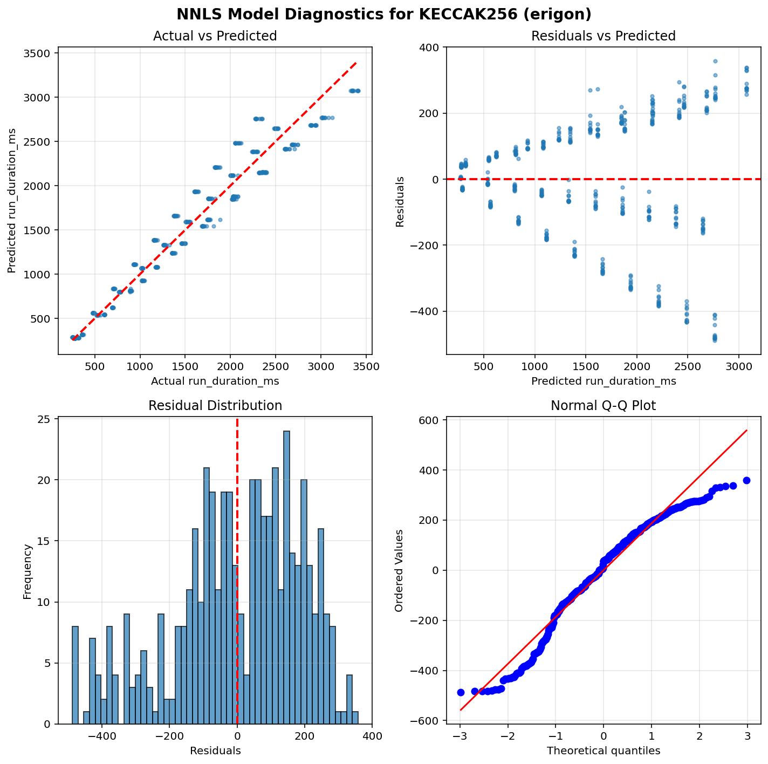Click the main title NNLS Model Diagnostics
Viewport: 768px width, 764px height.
pyautogui.click(x=384, y=14)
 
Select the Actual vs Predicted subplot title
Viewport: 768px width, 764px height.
pyautogui.click(x=215, y=36)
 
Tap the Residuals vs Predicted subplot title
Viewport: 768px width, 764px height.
pyautogui.click(x=603, y=36)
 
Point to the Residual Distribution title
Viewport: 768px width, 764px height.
pyautogui.click(x=215, y=406)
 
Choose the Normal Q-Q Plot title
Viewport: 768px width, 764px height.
pyautogui.click(x=603, y=406)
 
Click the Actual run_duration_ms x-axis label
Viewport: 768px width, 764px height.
pyautogui.click(x=215, y=381)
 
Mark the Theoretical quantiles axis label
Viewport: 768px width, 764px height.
pyautogui.click(x=603, y=751)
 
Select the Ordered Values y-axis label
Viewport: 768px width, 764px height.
pyautogui.click(x=399, y=570)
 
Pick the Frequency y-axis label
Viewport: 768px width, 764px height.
pyautogui.click(x=28, y=571)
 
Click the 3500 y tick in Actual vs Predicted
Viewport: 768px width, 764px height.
pyautogui.click(x=40, y=53)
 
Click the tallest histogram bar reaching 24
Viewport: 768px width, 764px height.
pyautogui.click(x=287, y=577)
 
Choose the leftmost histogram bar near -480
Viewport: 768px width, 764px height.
pyautogui.click(x=76, y=674)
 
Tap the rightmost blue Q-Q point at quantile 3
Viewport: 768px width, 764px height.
pyautogui.click(x=746, y=480)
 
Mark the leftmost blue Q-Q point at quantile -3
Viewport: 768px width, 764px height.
pyautogui.click(x=461, y=692)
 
